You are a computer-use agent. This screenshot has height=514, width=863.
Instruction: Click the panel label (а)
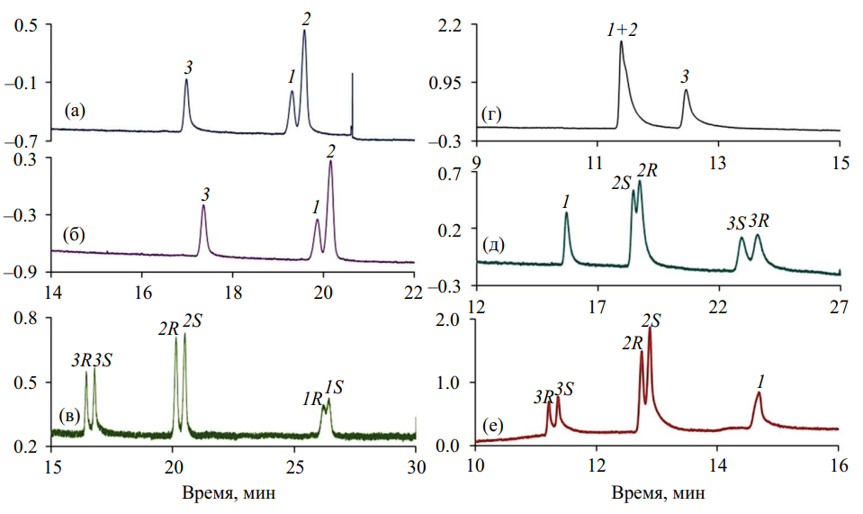click(75, 112)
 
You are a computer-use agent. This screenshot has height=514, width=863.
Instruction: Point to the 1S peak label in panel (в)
click(334, 387)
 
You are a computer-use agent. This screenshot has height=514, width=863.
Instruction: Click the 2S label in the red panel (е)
click(652, 320)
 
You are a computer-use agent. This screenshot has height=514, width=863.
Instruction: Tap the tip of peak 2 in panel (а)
click(304, 32)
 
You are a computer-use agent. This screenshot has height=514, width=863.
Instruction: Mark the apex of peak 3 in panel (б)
click(203, 206)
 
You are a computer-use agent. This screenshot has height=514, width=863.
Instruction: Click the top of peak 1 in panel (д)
click(566, 213)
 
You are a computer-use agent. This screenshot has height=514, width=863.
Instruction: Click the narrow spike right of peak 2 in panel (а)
click(352, 75)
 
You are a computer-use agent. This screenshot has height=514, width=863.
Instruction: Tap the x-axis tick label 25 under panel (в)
click(294, 466)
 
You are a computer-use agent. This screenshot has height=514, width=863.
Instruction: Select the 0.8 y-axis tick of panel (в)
click(34, 319)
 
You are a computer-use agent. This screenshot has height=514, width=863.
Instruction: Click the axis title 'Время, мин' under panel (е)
click(657, 494)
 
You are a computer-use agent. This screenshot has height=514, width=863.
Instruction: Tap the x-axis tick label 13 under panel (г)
click(717, 163)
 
